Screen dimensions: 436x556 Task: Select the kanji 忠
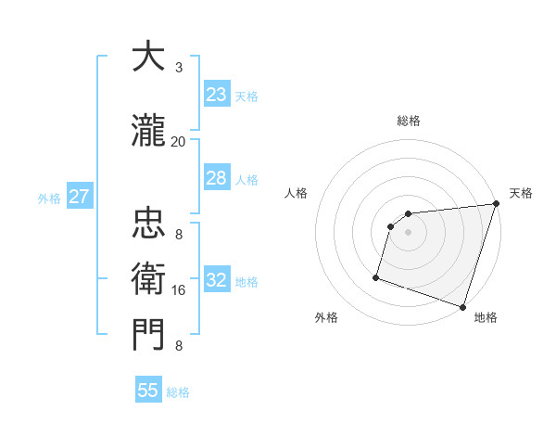[147, 223]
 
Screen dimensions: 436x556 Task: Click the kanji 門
[147, 335]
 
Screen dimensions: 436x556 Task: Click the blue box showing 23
[217, 95]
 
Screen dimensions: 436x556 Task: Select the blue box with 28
[217, 178]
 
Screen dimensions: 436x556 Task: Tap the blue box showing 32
[217, 280]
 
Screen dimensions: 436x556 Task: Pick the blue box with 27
[79, 197]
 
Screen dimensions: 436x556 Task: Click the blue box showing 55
[148, 391]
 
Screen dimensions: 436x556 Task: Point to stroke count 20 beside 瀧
[178, 141]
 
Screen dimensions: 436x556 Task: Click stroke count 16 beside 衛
[179, 290]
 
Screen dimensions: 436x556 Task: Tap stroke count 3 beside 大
[179, 67]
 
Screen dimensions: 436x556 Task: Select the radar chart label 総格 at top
[408, 121]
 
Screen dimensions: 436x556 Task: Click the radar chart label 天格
[521, 193]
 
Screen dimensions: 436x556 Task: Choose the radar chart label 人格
[296, 193]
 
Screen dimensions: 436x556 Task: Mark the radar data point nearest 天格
[496, 204]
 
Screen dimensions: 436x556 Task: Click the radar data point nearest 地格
[462, 307]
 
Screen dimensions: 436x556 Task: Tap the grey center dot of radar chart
[408, 233]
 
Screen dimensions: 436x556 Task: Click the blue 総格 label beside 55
[178, 392]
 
